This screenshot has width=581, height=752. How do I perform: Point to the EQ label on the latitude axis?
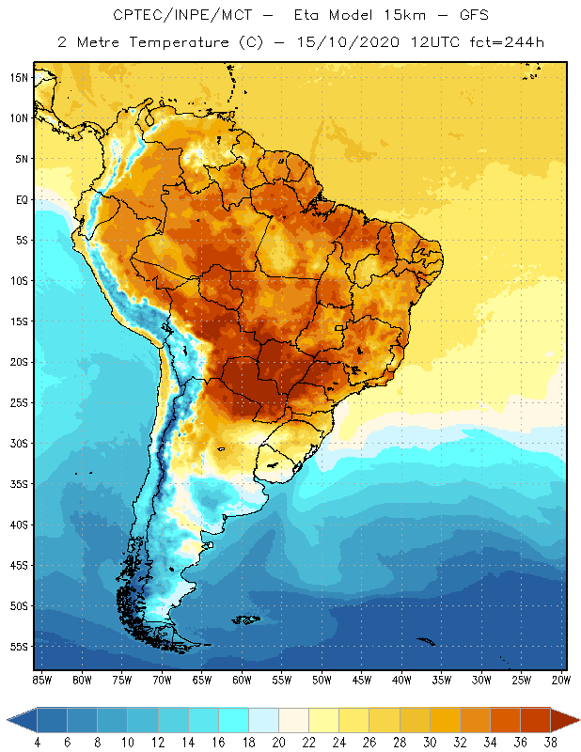pyautogui.click(x=21, y=199)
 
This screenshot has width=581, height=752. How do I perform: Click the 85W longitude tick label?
pyautogui.click(x=41, y=680)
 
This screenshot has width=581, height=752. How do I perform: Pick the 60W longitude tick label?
pyautogui.click(x=242, y=680)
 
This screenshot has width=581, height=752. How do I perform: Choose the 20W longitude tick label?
pyautogui.click(x=561, y=680)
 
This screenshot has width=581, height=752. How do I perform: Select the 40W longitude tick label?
pyautogui.click(x=401, y=680)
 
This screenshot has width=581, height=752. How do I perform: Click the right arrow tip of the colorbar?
pyautogui.click(x=576, y=720)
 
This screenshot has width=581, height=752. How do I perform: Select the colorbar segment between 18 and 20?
pyautogui.click(x=264, y=720)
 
